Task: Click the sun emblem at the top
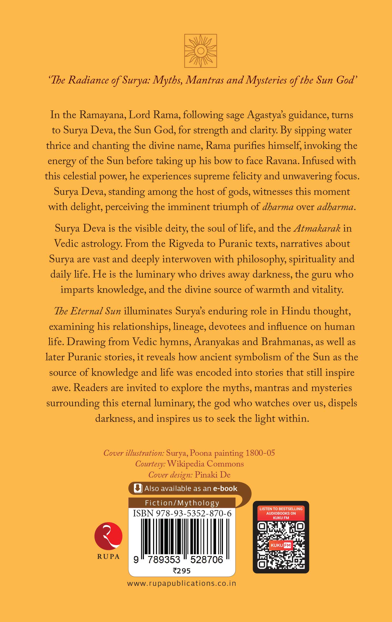[201, 51]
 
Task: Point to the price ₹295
[182, 571]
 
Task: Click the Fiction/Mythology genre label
[182, 503]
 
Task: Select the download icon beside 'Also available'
[137, 488]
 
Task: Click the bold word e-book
[225, 489]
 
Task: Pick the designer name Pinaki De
[212, 475]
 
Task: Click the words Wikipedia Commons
[205, 464]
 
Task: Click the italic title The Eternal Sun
[87, 311]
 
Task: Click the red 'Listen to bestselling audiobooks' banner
[281, 513]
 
